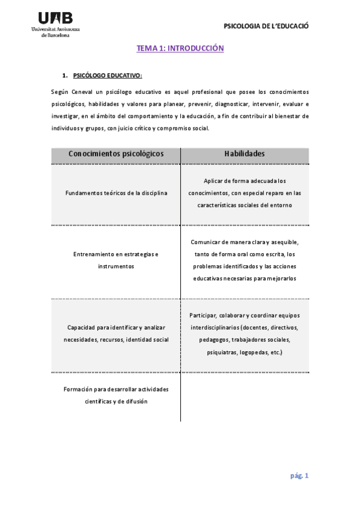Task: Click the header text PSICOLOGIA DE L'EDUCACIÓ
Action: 266,26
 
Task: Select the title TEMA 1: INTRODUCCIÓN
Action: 180,48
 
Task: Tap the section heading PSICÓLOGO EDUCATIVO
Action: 107,76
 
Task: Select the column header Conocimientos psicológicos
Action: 116,154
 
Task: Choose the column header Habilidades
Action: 244,154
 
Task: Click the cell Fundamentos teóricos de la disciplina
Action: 116,193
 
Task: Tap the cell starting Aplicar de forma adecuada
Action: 244,193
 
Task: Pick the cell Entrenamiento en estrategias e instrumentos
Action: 116,260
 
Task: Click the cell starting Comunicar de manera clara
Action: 244,260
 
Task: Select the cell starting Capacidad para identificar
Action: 116,333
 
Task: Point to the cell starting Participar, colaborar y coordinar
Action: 244,333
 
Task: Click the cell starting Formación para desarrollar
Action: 116,395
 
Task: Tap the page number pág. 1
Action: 299,476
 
